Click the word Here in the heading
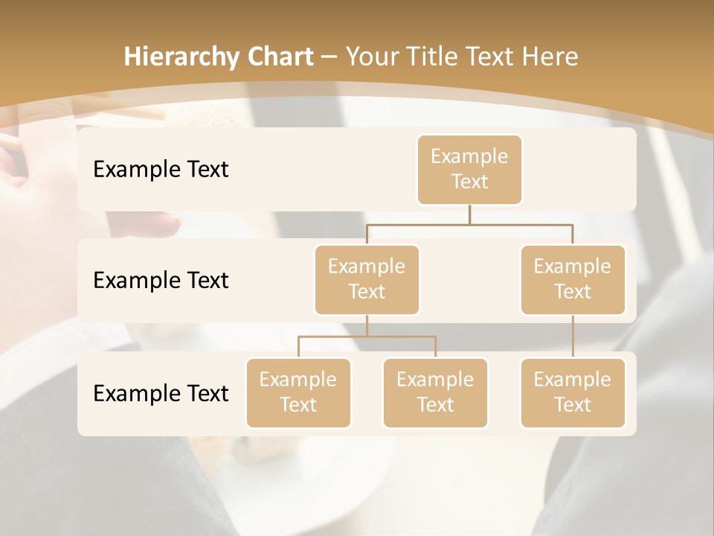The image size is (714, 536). coord(550,57)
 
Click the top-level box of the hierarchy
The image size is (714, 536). coord(469,170)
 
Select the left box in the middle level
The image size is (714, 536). coord(367,280)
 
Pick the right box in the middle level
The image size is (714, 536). coord(573,280)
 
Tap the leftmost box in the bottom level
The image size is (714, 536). coord(298,393)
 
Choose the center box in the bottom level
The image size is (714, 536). coord(435,393)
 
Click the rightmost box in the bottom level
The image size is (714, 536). coord(573,393)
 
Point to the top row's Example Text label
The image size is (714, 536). coord(161,170)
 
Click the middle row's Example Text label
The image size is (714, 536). coord(161,281)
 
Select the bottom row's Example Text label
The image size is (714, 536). coord(161,393)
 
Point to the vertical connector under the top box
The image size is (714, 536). coord(469,214)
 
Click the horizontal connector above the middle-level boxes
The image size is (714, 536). coord(469,223)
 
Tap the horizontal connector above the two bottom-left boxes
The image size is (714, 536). coord(367,336)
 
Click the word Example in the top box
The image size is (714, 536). coord(469,156)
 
